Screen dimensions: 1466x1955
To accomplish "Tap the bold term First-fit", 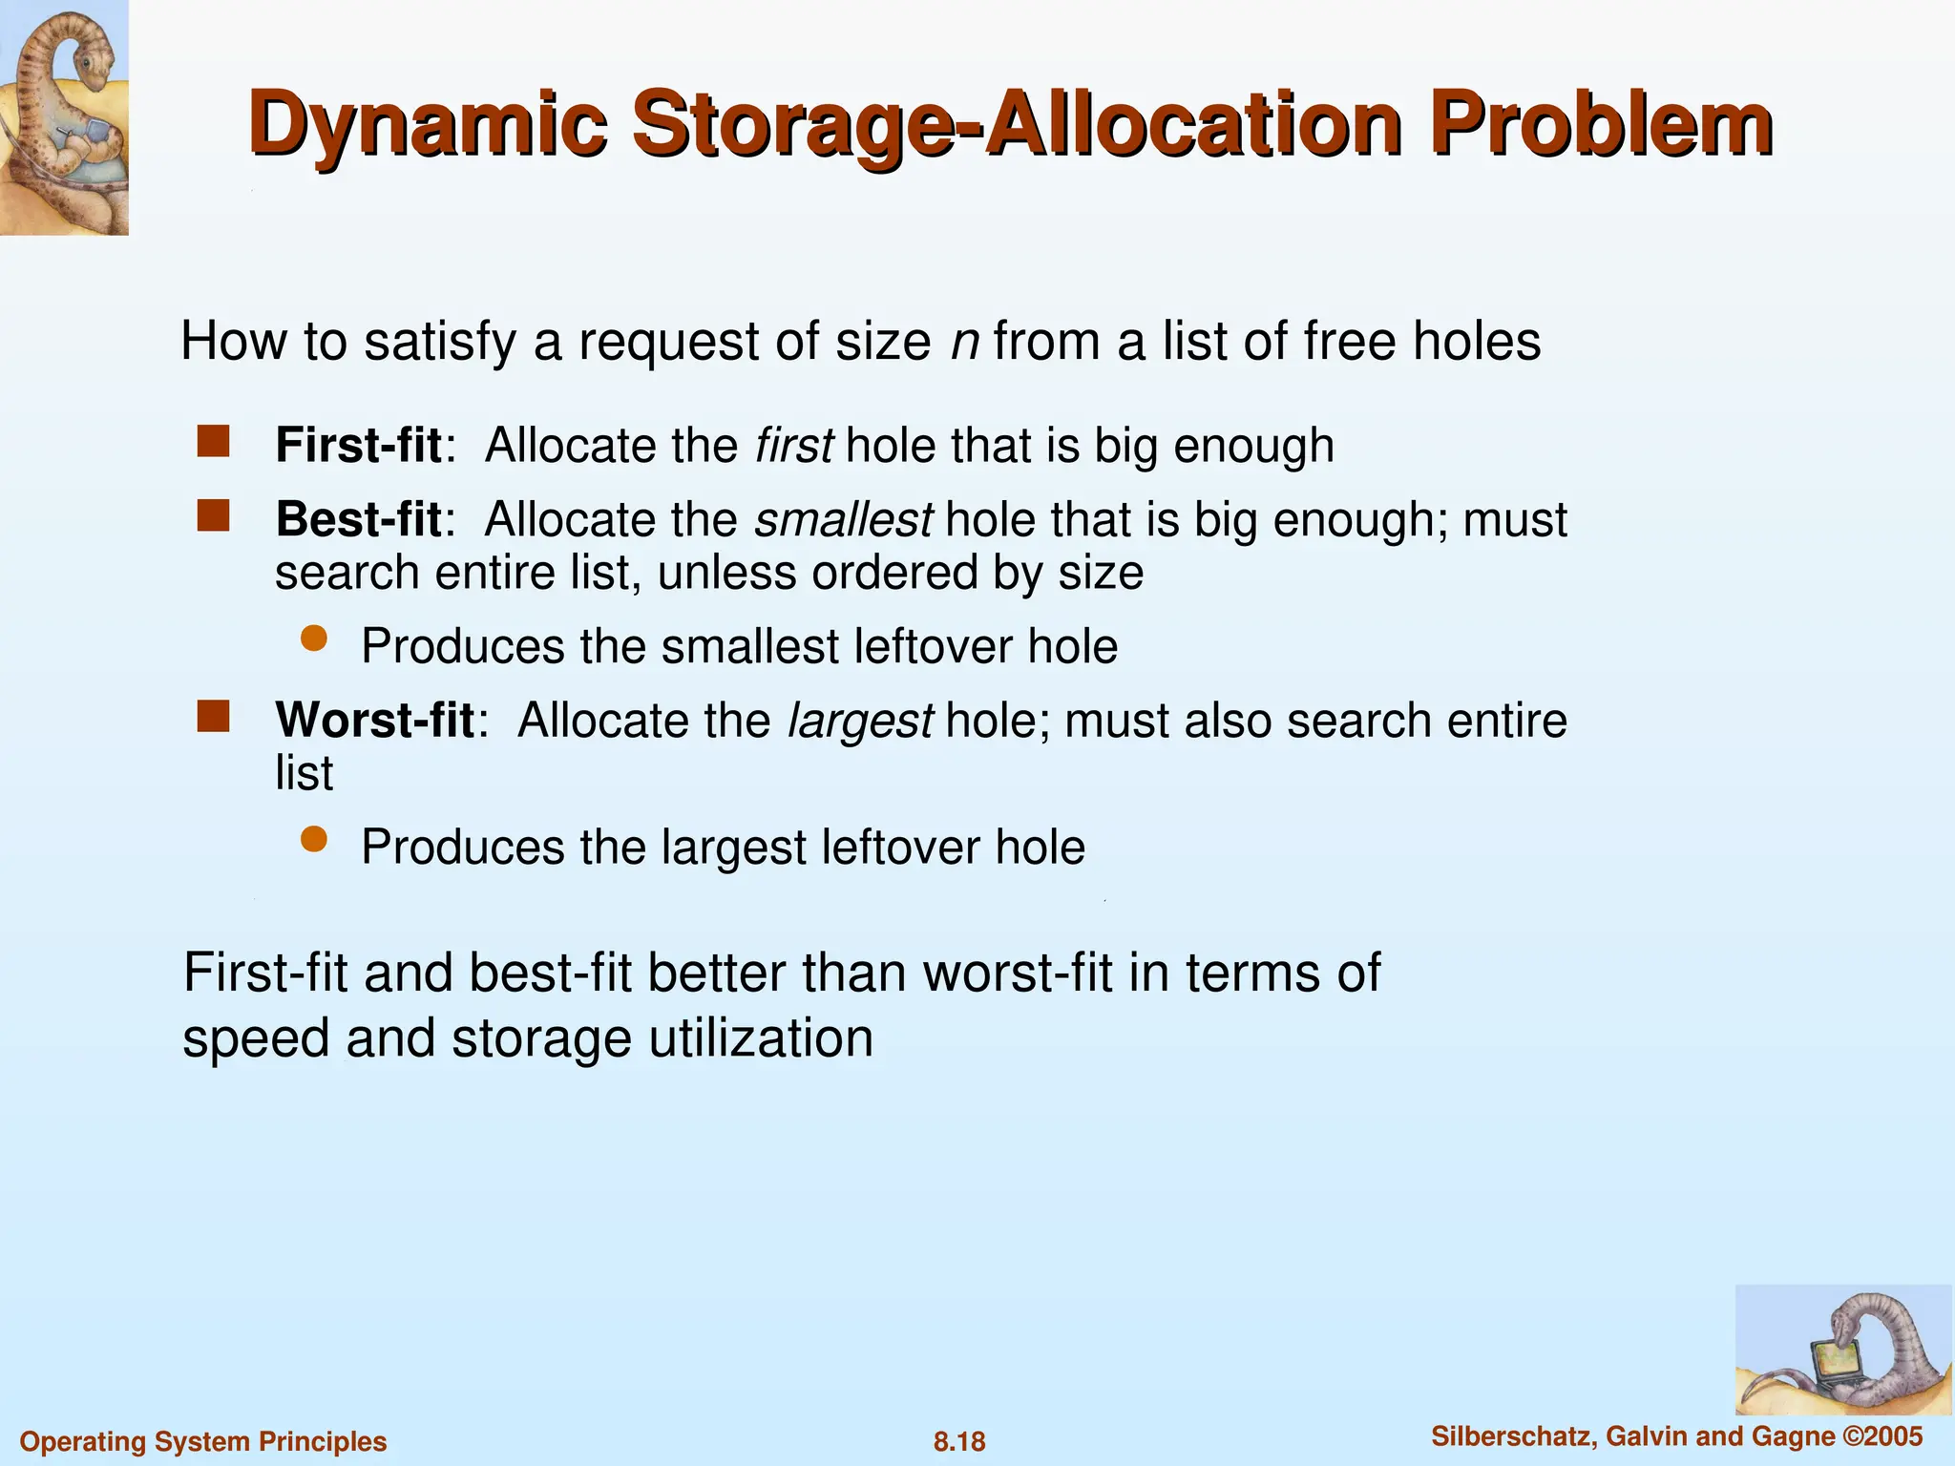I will (x=358, y=446).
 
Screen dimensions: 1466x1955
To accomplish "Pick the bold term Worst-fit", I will (x=374, y=721).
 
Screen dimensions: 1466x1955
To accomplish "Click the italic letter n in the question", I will (x=965, y=342).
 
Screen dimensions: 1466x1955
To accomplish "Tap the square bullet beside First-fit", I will (x=214, y=442).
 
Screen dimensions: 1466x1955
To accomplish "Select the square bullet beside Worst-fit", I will (x=214, y=716).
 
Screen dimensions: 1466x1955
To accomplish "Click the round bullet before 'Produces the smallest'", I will (x=314, y=639).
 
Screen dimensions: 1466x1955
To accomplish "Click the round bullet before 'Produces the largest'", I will (x=314, y=839).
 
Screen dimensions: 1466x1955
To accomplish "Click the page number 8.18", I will (x=959, y=1441).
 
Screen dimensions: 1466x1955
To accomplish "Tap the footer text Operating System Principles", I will (x=203, y=1441).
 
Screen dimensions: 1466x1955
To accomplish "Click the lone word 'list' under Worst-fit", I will (x=304, y=773).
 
